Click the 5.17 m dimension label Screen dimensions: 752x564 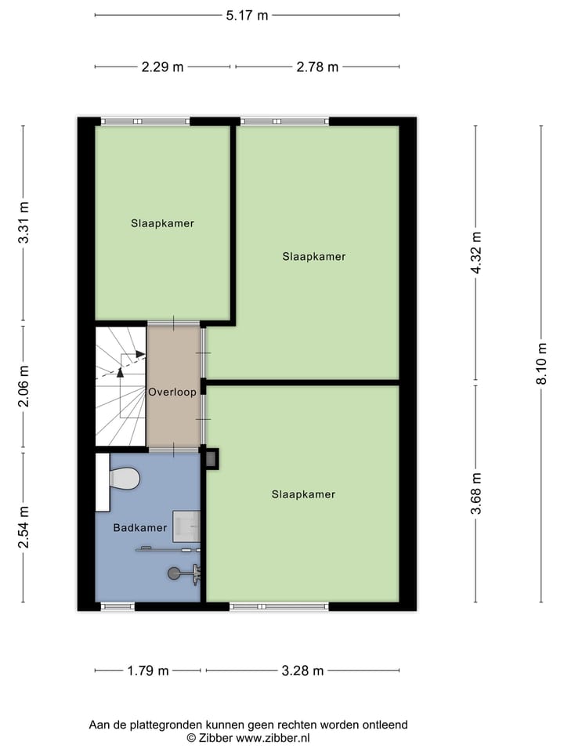pos(247,15)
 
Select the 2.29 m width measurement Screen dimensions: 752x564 pos(162,67)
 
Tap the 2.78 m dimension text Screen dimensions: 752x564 pos(317,67)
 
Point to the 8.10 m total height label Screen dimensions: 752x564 pos(541,365)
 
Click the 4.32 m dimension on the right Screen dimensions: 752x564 pos(475,254)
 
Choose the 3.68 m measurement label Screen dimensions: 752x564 pos(475,493)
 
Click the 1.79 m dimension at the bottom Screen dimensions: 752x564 pos(148,671)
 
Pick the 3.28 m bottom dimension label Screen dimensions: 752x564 pos(302,671)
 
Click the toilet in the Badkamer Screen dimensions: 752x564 pos(123,478)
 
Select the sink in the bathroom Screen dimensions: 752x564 pos(186,526)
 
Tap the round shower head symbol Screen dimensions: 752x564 pos(174,573)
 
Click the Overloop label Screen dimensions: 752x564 pos(172,392)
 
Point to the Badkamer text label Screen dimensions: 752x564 pos(139,528)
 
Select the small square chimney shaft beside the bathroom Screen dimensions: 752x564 pos(211,458)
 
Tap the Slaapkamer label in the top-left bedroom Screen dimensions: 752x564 pos(162,223)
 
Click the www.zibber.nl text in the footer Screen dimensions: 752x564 pos(273,738)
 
